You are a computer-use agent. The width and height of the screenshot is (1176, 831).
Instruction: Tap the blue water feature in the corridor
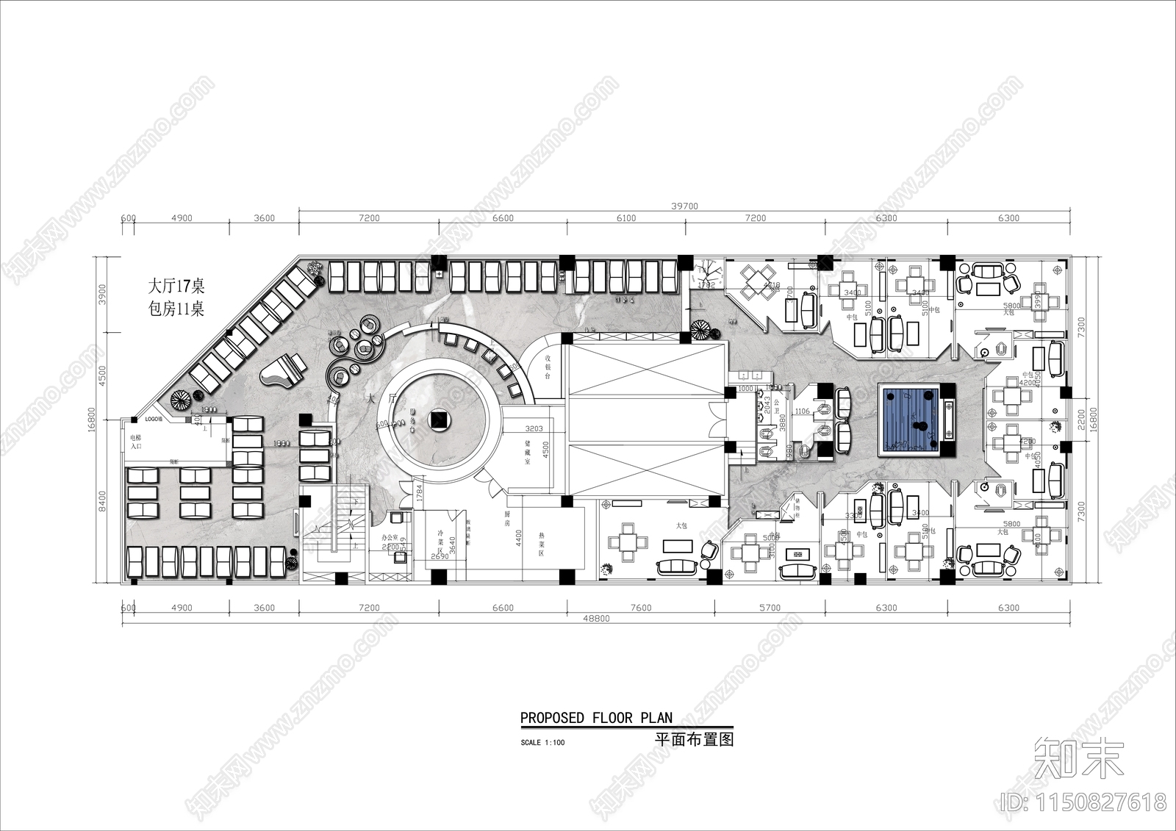tap(912, 421)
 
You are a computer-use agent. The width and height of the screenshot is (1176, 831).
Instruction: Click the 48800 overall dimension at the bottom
tap(596, 619)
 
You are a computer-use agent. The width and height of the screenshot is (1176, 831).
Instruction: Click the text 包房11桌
tap(176, 309)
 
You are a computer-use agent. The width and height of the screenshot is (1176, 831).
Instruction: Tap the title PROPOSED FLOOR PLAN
tap(596, 718)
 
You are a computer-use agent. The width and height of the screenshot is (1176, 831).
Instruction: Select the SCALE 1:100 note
tap(542, 742)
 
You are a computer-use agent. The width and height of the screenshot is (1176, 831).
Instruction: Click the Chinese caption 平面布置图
tap(694, 740)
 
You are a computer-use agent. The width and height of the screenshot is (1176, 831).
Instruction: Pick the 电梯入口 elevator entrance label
tap(136, 441)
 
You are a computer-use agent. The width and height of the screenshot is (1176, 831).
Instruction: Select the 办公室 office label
tap(390, 539)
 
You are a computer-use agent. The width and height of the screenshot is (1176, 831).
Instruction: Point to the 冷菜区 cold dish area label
tap(440, 542)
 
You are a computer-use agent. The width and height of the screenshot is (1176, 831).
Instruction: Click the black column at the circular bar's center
tap(441, 420)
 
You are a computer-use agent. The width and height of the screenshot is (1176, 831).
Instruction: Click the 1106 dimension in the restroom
tap(802, 411)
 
